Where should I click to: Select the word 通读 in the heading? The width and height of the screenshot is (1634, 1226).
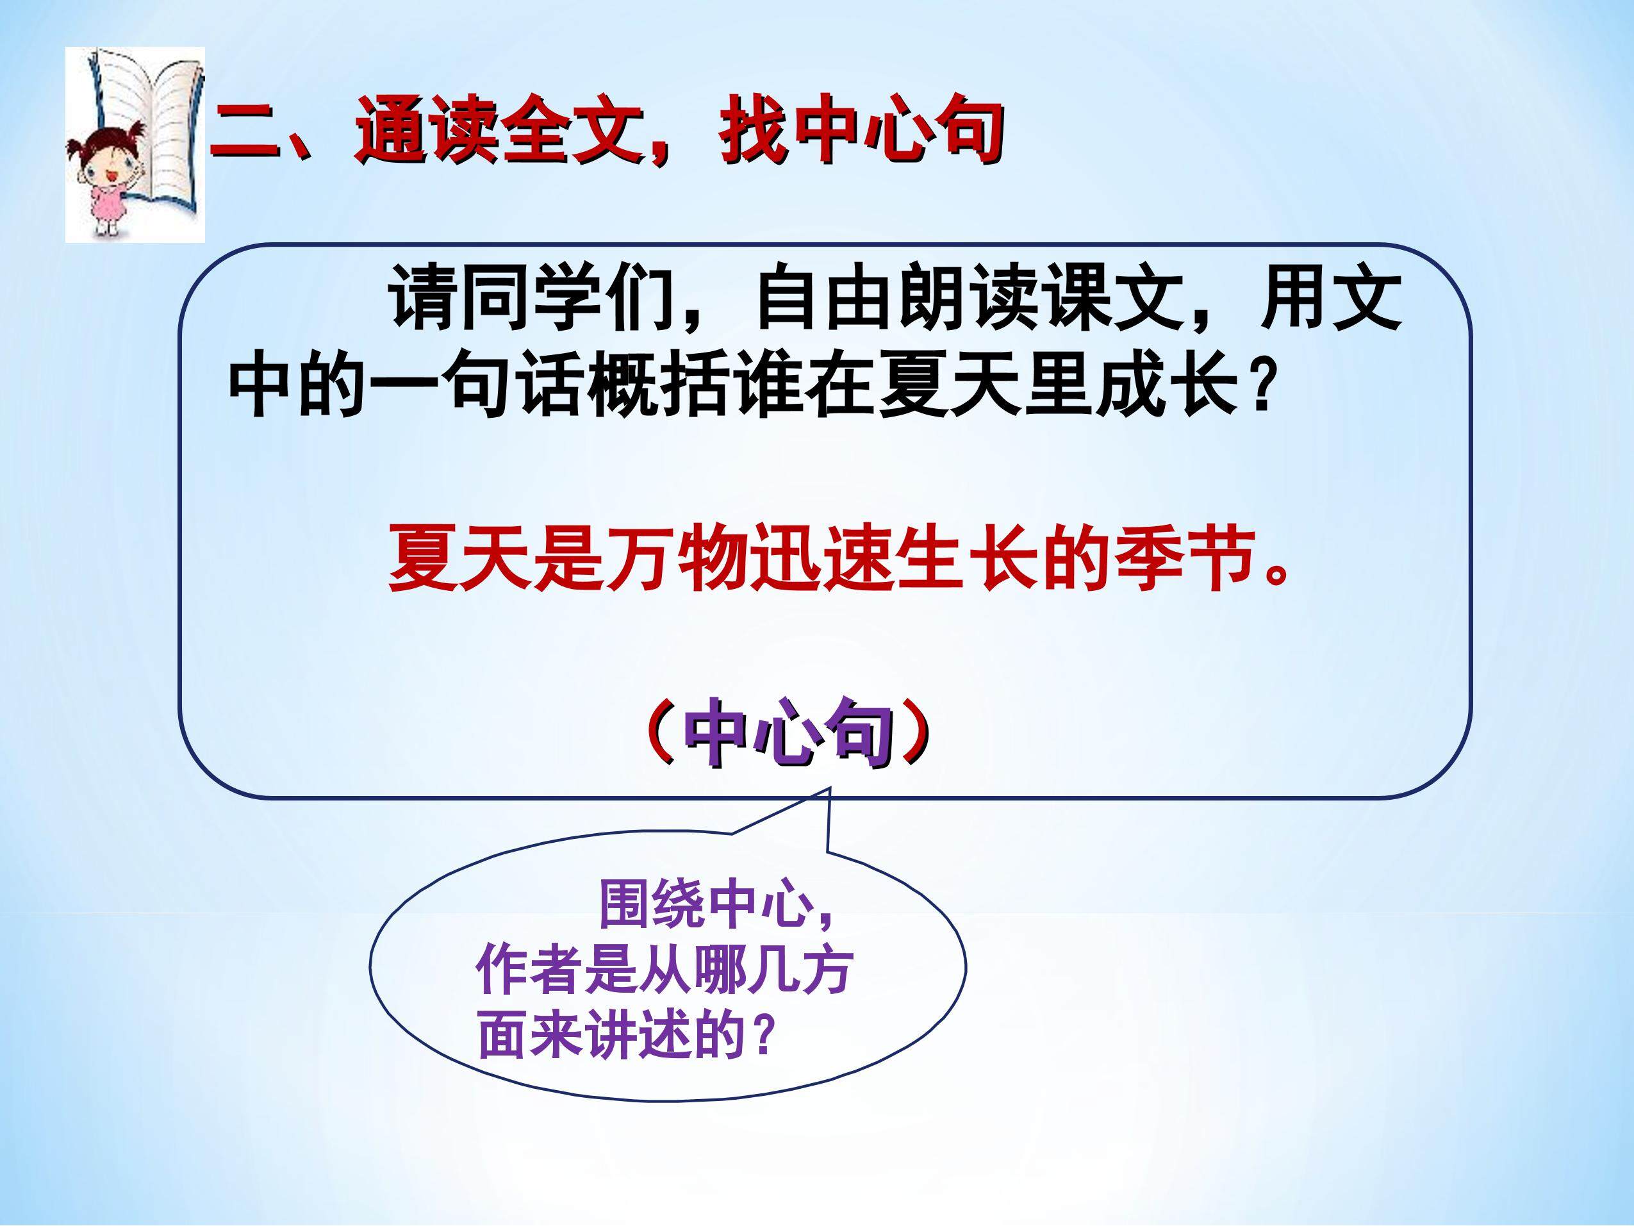coord(426,131)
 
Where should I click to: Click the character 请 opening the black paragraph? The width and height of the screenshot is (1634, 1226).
coord(424,295)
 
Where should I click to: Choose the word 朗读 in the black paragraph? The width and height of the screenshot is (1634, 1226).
coord(968,295)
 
